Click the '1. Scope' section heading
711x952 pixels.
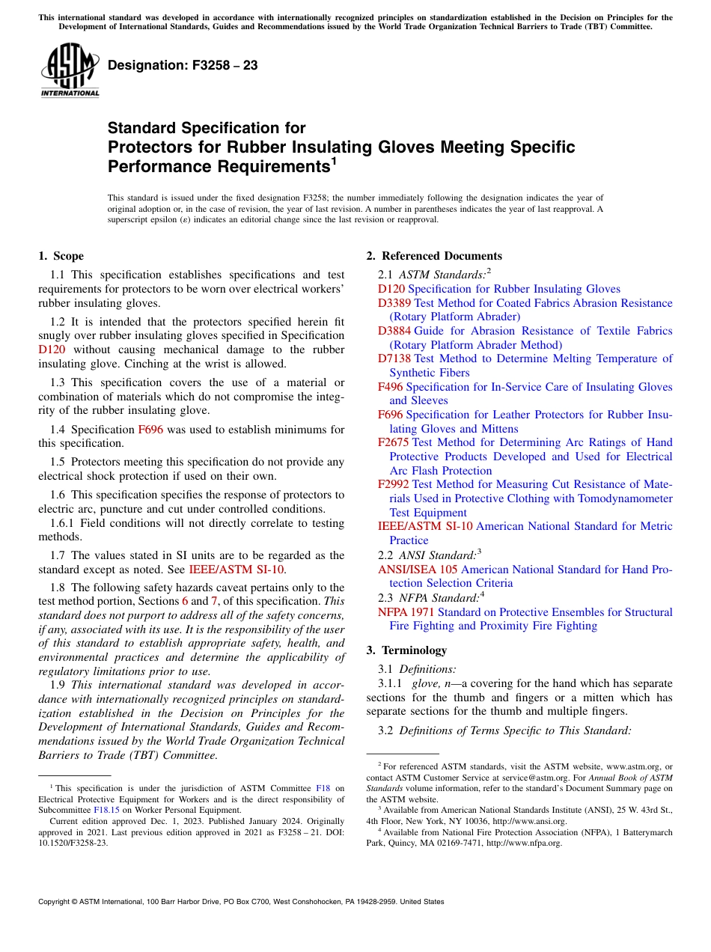[x=61, y=256]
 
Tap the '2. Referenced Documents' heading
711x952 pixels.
[x=434, y=256]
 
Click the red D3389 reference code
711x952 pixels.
[x=394, y=303]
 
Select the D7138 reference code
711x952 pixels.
[x=394, y=358]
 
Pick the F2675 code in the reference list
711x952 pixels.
[x=393, y=442]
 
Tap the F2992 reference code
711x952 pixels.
[x=393, y=484]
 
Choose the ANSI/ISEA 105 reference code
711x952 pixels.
[x=418, y=570]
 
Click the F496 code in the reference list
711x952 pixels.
[x=390, y=387]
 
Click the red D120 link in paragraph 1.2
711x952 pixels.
[x=52, y=350]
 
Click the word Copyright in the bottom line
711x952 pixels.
[x=53, y=902]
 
